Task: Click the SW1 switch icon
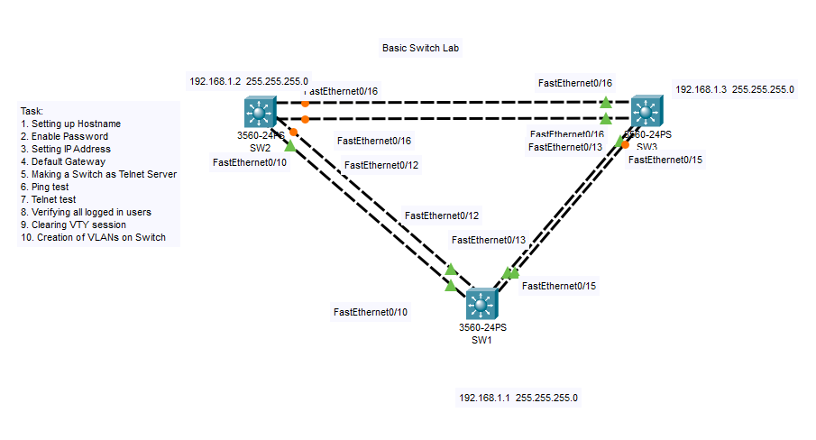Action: click(482, 303)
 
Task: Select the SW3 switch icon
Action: click(646, 112)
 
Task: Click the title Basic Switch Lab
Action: click(421, 47)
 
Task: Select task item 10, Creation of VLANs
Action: click(93, 237)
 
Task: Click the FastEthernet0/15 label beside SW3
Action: click(665, 160)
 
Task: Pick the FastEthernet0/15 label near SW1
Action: click(558, 286)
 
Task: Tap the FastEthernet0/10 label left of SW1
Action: click(371, 312)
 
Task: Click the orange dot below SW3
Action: click(625, 144)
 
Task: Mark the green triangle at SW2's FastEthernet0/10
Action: click(289, 145)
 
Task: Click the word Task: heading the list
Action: click(32, 110)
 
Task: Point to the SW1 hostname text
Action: click(482, 340)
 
